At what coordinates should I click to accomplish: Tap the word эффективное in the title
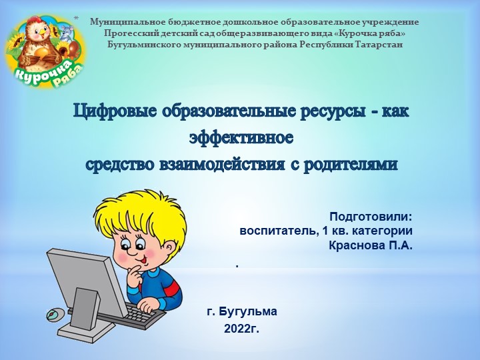coord(241,138)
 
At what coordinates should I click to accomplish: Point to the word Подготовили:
coord(371,217)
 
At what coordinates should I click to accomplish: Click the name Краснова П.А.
coord(371,245)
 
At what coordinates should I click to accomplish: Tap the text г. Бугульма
coord(241,311)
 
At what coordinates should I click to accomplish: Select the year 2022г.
coord(241,328)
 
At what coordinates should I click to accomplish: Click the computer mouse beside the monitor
coord(54,313)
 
